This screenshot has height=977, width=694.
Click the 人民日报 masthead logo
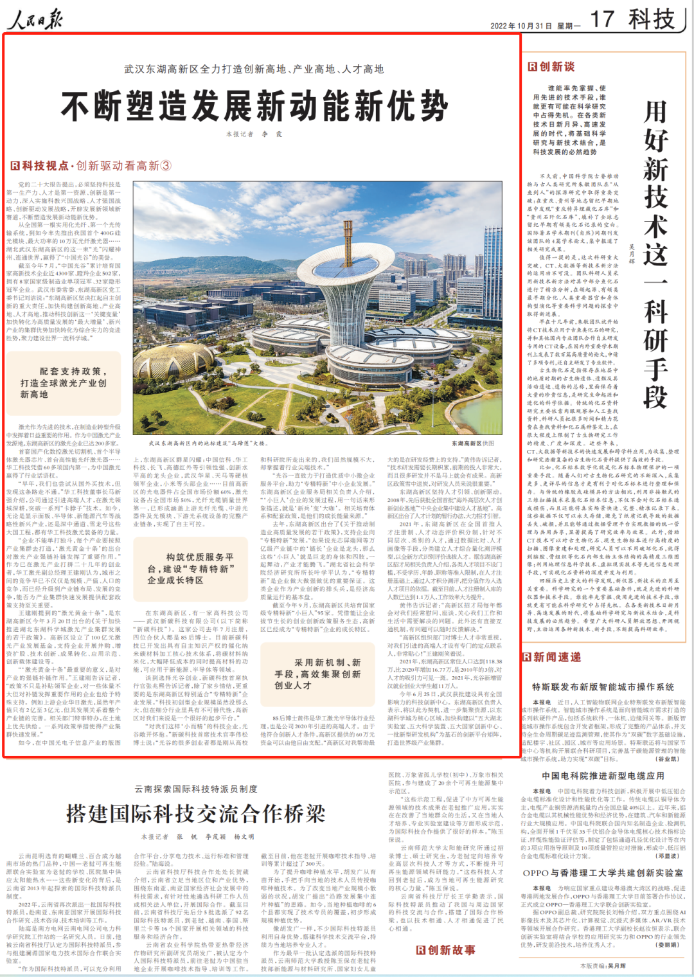(35, 19)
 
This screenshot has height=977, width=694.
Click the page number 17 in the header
(602, 19)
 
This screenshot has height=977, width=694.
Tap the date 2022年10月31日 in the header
(521, 26)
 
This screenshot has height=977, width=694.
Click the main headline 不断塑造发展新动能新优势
(254, 107)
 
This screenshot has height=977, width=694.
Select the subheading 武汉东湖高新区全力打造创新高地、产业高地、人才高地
(254, 69)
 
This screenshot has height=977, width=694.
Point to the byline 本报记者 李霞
(254, 134)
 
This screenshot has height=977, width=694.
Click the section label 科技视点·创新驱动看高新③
(91, 166)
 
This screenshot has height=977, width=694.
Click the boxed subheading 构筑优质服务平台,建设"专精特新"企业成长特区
(191, 568)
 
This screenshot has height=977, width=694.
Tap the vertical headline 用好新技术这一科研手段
(655, 254)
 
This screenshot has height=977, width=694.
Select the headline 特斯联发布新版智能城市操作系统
(603, 687)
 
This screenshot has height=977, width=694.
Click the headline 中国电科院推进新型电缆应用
(603, 776)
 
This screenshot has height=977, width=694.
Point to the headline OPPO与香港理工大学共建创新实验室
(603, 873)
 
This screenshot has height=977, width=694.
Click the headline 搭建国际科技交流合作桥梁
(195, 814)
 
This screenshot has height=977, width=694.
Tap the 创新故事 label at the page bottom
(445, 950)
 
